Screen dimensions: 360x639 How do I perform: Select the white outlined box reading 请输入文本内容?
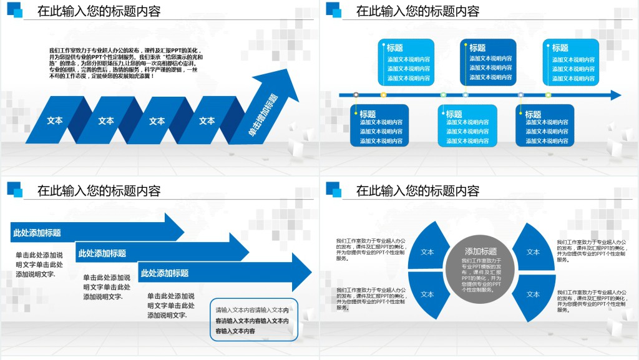pos(255,320)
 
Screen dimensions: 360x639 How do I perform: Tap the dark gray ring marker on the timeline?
pos(356,95)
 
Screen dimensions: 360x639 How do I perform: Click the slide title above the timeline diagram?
pos(417,11)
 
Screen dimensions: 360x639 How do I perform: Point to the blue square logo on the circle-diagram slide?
pos(333,189)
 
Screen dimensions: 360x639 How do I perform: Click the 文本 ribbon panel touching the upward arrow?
pos(208,120)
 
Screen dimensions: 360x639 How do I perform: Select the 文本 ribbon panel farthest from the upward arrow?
pos(55,120)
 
